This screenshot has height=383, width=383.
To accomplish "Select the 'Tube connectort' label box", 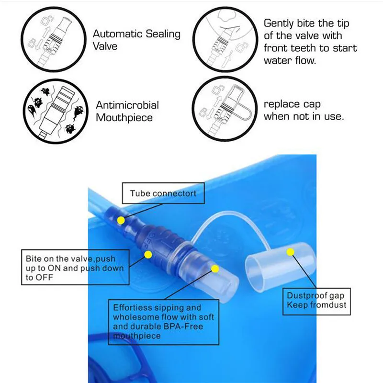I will pyautogui.click(x=163, y=194).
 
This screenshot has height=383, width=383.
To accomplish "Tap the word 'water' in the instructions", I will pyautogui.click(x=277, y=61).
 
